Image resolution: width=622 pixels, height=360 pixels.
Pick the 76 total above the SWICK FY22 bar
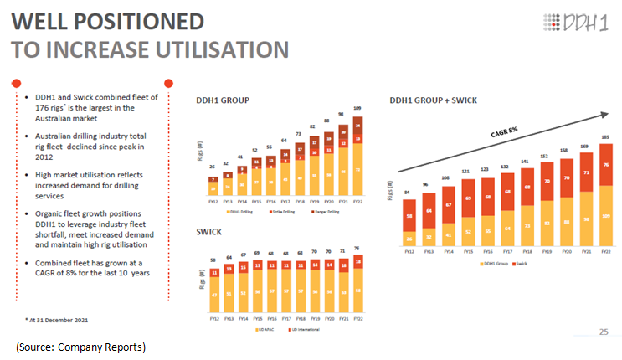[x=358, y=248]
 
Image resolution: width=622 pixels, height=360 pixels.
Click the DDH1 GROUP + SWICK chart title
[x=434, y=100]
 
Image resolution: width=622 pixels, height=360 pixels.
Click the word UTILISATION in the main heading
[x=198, y=49]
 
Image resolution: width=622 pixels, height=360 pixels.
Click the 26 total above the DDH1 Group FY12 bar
[x=215, y=167]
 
